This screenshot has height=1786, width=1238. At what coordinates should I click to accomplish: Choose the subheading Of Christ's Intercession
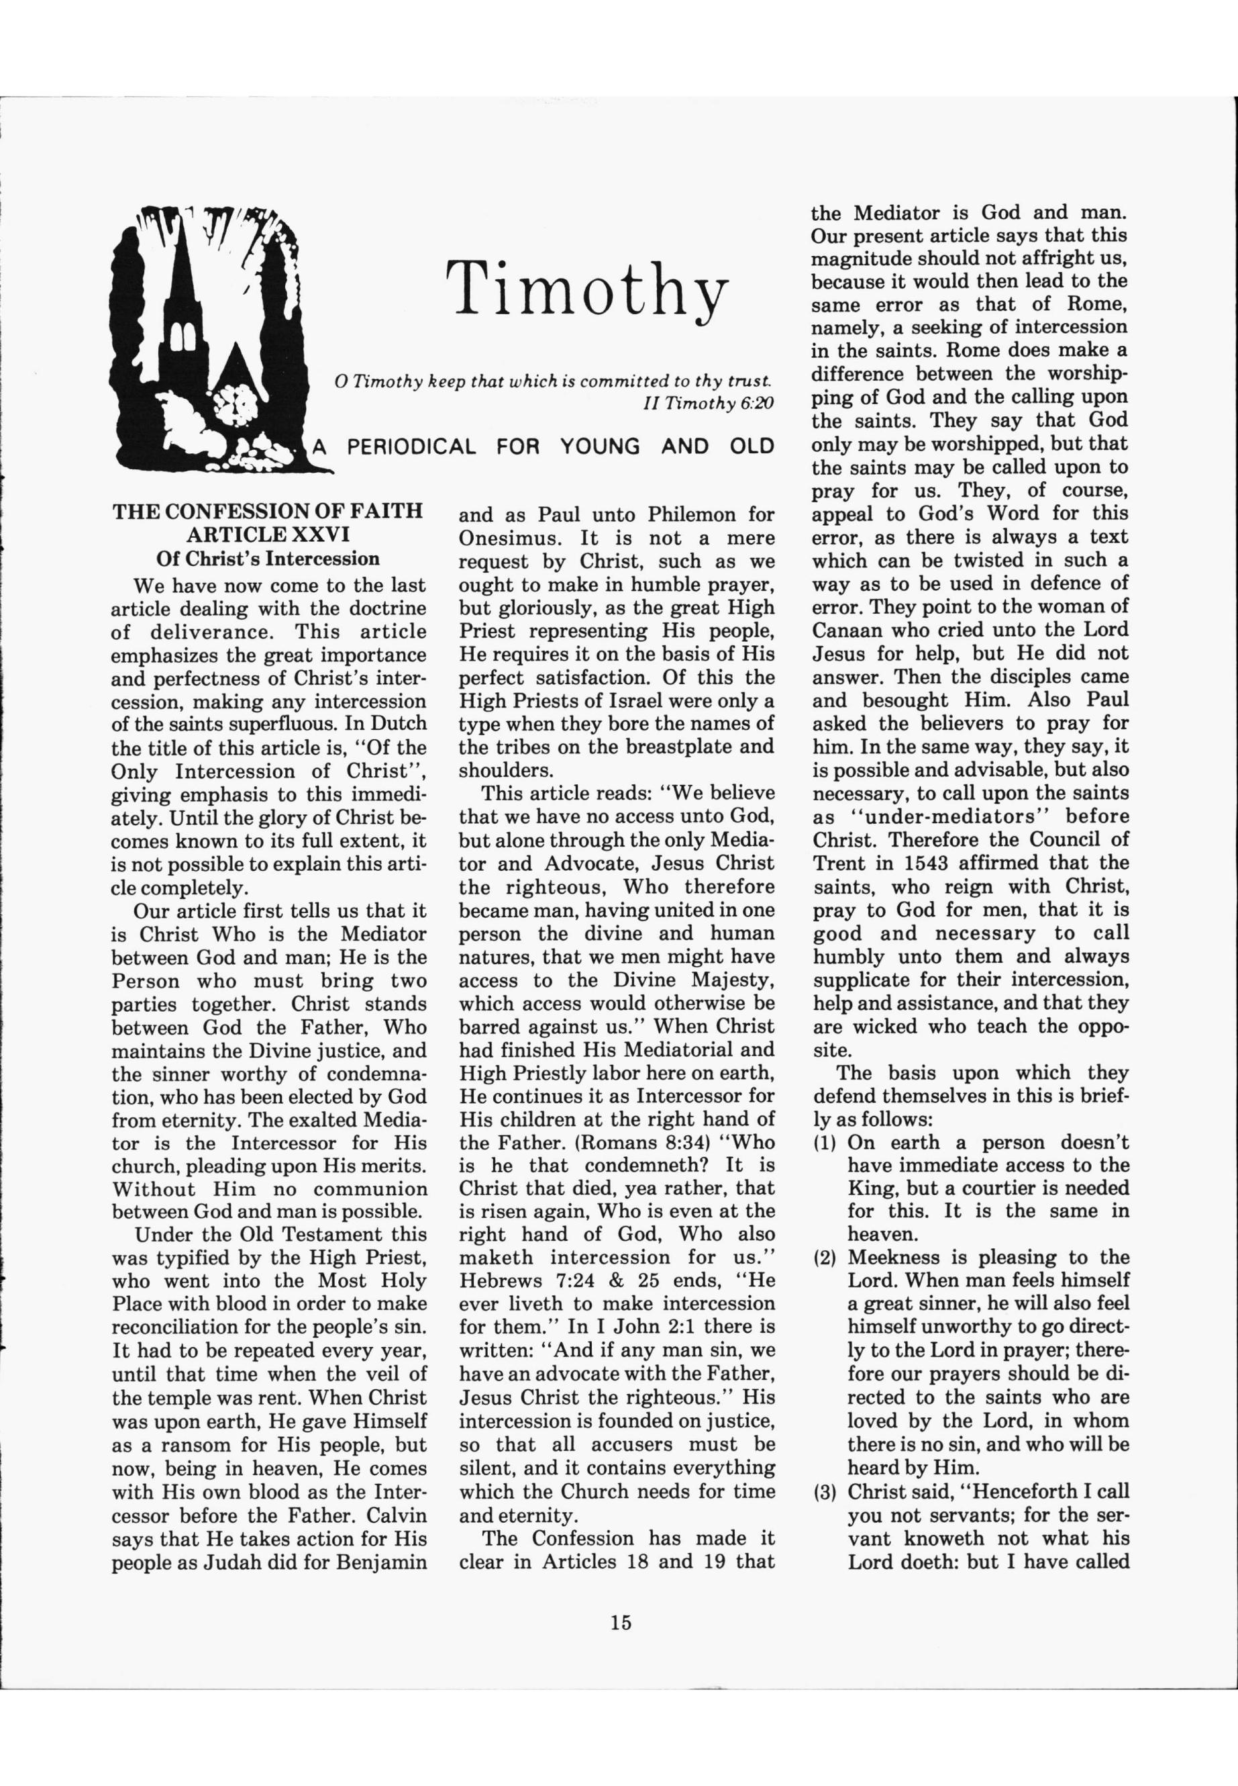click(268, 559)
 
